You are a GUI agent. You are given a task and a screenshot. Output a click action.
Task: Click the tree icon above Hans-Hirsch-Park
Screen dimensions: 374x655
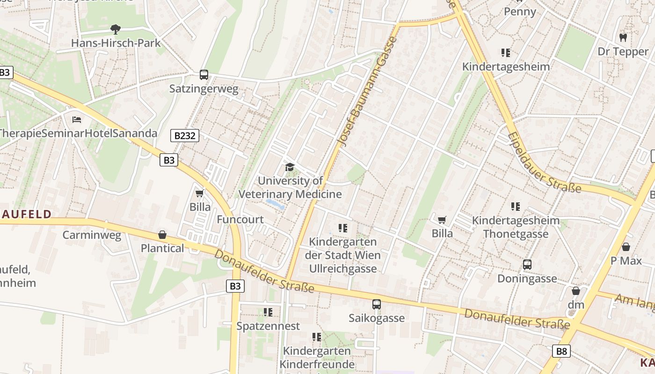tap(115, 29)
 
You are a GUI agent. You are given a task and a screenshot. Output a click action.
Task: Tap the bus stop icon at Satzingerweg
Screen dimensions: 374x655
tap(204, 74)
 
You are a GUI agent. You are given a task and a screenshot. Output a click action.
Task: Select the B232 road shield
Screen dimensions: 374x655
tap(184, 136)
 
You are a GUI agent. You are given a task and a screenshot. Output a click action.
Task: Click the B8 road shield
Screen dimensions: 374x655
tap(561, 351)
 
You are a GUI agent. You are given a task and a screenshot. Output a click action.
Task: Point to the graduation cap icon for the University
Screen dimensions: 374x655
tap(290, 167)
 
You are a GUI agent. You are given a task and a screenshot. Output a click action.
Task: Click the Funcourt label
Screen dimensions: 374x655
tap(240, 219)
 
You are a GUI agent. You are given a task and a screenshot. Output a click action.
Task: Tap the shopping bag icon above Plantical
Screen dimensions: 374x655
tap(162, 234)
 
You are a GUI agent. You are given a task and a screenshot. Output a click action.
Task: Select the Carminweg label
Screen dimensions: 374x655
tap(92, 235)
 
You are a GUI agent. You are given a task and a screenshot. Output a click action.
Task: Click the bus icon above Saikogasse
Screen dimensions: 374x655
tap(377, 304)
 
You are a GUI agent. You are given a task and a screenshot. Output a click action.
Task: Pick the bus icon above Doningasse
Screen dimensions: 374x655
tap(527, 265)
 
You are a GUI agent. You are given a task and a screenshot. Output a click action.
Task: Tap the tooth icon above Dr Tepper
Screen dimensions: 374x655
tap(623, 37)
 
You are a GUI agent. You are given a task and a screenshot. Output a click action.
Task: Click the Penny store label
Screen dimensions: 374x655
tap(520, 11)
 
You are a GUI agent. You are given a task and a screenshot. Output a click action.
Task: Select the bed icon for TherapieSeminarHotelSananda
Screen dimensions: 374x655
tap(77, 120)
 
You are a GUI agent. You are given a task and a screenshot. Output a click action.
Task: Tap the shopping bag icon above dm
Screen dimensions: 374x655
tap(576, 291)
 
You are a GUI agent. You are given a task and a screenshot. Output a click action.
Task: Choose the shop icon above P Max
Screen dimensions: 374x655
tap(626, 247)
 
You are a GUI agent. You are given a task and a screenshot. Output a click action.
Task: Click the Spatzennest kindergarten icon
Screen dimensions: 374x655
tap(268, 312)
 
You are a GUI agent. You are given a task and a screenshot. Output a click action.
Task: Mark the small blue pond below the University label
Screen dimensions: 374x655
tap(275, 203)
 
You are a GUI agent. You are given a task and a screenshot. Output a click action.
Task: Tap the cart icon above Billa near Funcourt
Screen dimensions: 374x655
tap(200, 193)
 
